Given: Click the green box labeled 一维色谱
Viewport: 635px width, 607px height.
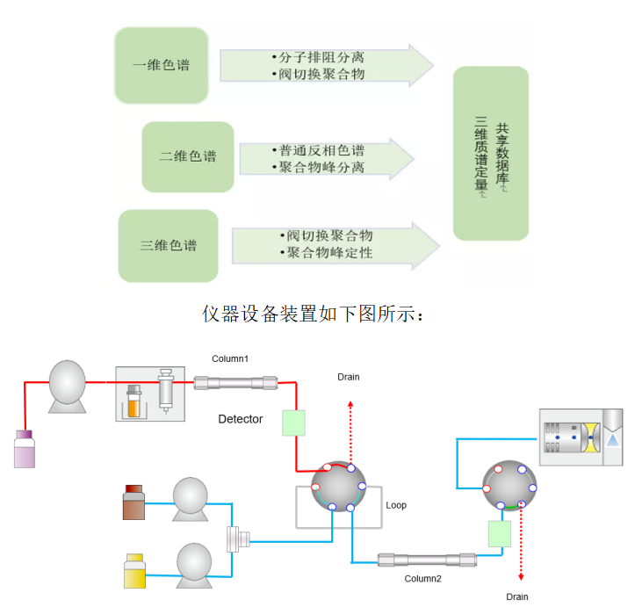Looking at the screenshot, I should pyautogui.click(x=162, y=65).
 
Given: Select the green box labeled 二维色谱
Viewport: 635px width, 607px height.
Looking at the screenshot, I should pyautogui.click(x=188, y=156).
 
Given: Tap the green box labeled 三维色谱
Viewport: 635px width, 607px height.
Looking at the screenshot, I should pyautogui.click(x=168, y=245).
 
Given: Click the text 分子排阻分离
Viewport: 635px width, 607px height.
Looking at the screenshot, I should pyautogui.click(x=318, y=57).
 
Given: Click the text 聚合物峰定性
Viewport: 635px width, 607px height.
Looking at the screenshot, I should pyautogui.click(x=329, y=252).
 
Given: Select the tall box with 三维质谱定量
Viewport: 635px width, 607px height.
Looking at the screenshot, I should pyautogui.click(x=490, y=153).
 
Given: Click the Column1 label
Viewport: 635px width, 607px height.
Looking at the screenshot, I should pyautogui.click(x=230, y=359).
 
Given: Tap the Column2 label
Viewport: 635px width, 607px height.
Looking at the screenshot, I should pyautogui.click(x=422, y=578).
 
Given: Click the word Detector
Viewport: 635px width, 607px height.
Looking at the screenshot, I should pyautogui.click(x=241, y=419).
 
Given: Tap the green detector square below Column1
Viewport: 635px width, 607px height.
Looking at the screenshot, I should pyautogui.click(x=293, y=423).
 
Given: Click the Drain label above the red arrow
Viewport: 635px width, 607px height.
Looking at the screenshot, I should pyautogui.click(x=349, y=377).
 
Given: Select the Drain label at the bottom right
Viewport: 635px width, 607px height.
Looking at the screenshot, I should pyautogui.click(x=517, y=596).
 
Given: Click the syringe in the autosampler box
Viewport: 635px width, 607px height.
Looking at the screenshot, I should pyautogui.click(x=164, y=391).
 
